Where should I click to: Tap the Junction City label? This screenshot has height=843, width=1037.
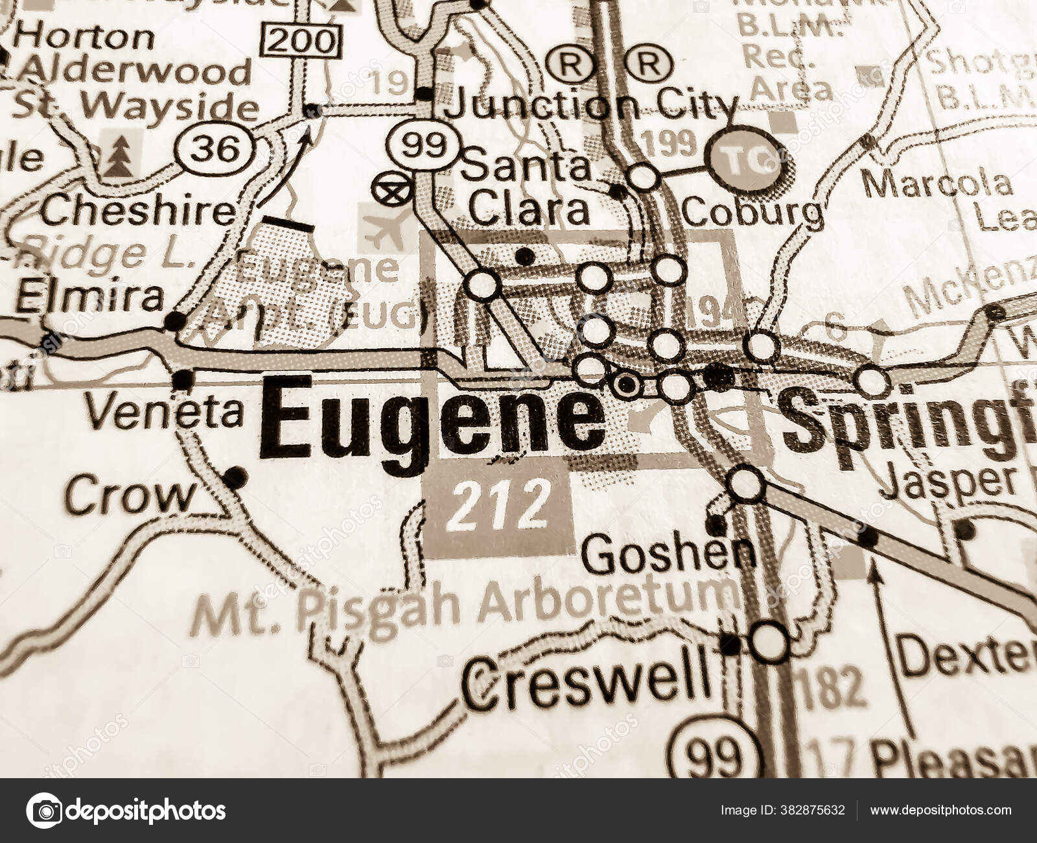tap(593, 105)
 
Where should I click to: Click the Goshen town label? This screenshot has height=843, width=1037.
tap(668, 555)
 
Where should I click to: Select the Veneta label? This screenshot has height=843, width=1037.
tap(165, 412)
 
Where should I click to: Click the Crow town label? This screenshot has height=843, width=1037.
tap(130, 497)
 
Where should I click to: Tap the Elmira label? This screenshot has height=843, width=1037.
tap(89, 298)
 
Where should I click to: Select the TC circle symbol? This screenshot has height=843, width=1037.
tap(745, 160)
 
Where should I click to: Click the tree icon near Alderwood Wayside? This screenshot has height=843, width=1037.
tap(118, 156)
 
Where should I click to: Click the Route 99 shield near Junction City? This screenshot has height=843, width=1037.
tap(419, 145)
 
